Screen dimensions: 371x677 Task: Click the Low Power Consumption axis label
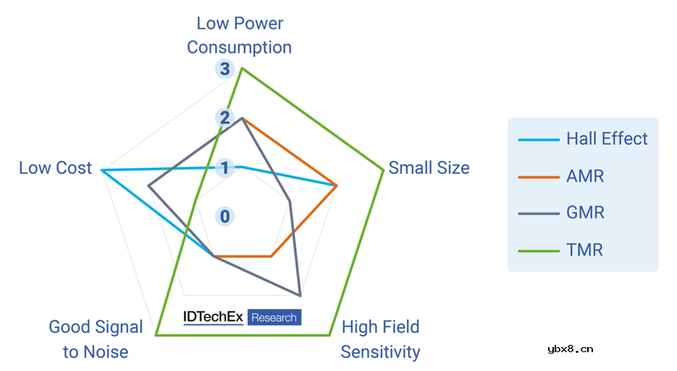239,36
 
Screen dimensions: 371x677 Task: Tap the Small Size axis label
429,168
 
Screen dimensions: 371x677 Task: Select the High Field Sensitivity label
380,339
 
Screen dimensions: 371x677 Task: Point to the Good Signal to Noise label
96,339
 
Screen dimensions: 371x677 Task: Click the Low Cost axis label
56,168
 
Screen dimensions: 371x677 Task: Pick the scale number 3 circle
224,70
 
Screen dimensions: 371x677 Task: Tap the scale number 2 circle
224,118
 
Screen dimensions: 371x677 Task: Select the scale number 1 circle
224,168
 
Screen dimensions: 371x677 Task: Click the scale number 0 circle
224,216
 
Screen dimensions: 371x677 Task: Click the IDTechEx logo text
213,317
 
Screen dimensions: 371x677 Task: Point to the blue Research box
274,317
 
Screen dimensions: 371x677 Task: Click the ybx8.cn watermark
571,349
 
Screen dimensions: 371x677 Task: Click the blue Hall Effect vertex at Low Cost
102,170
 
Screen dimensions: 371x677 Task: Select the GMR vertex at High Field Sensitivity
300,295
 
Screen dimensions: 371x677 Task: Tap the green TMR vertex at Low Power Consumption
242,68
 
